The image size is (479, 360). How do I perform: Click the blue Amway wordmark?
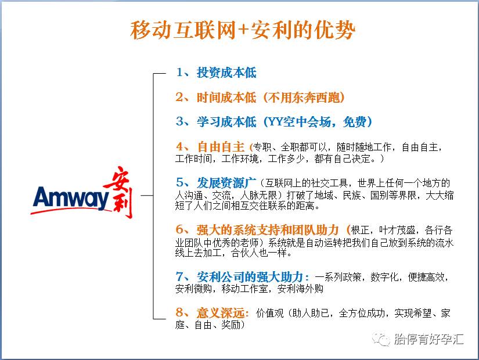click(x=71, y=198)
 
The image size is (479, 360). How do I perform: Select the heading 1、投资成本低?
click(x=216, y=73)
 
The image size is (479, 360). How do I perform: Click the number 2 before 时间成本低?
click(x=179, y=98)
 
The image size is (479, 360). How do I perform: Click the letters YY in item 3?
click(x=273, y=122)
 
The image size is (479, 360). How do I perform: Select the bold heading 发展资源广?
click(x=223, y=182)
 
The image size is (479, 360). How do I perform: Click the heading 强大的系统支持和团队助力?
click(x=268, y=229)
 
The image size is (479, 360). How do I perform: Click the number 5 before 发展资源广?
click(x=179, y=182)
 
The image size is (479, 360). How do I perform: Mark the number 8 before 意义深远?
click(x=179, y=313)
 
